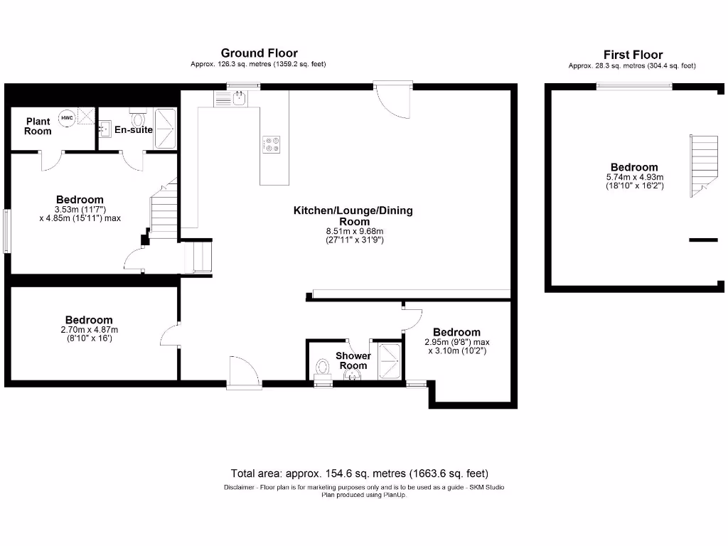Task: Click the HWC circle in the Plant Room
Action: tap(67, 118)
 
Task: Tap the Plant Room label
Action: tap(38, 126)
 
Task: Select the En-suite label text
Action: tap(134, 129)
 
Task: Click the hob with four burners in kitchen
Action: tap(272, 144)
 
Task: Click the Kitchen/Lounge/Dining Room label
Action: tap(353, 215)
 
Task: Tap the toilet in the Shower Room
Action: tap(322, 368)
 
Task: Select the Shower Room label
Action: tap(353, 360)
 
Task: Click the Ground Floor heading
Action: tap(259, 53)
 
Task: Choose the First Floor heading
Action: tap(633, 54)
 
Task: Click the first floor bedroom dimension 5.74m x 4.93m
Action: tap(634, 177)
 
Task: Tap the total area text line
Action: tap(360, 473)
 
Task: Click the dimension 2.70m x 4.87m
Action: tap(89, 330)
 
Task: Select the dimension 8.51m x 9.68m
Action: tap(353, 231)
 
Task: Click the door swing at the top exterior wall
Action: tap(395, 100)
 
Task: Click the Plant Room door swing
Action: tap(52, 160)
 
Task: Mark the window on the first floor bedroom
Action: tap(633, 87)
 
